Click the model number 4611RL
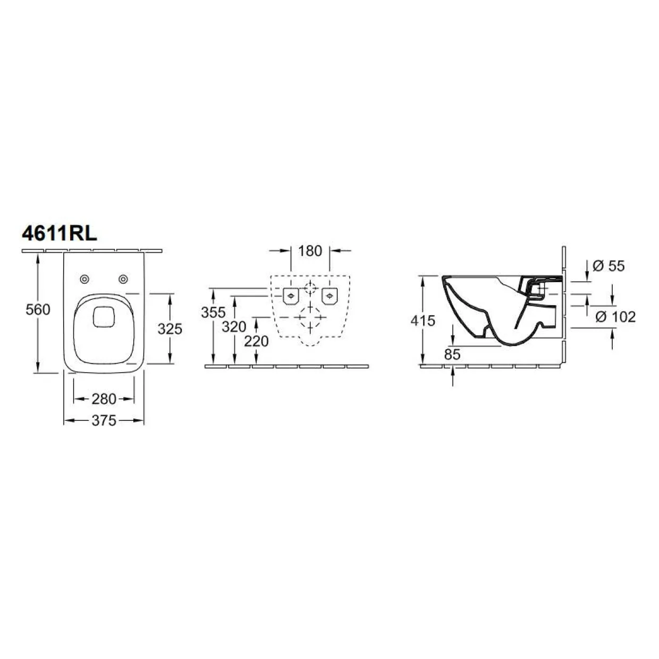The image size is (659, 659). [60, 234]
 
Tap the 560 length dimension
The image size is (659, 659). [38, 309]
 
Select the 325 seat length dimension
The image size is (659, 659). [170, 329]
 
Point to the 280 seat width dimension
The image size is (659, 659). [104, 399]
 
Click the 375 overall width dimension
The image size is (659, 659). [104, 420]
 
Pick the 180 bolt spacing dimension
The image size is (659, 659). [310, 251]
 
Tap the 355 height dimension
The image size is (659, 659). [213, 312]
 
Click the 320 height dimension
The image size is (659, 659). [234, 327]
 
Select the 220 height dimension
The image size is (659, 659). [257, 341]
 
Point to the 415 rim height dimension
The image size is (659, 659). [423, 320]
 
